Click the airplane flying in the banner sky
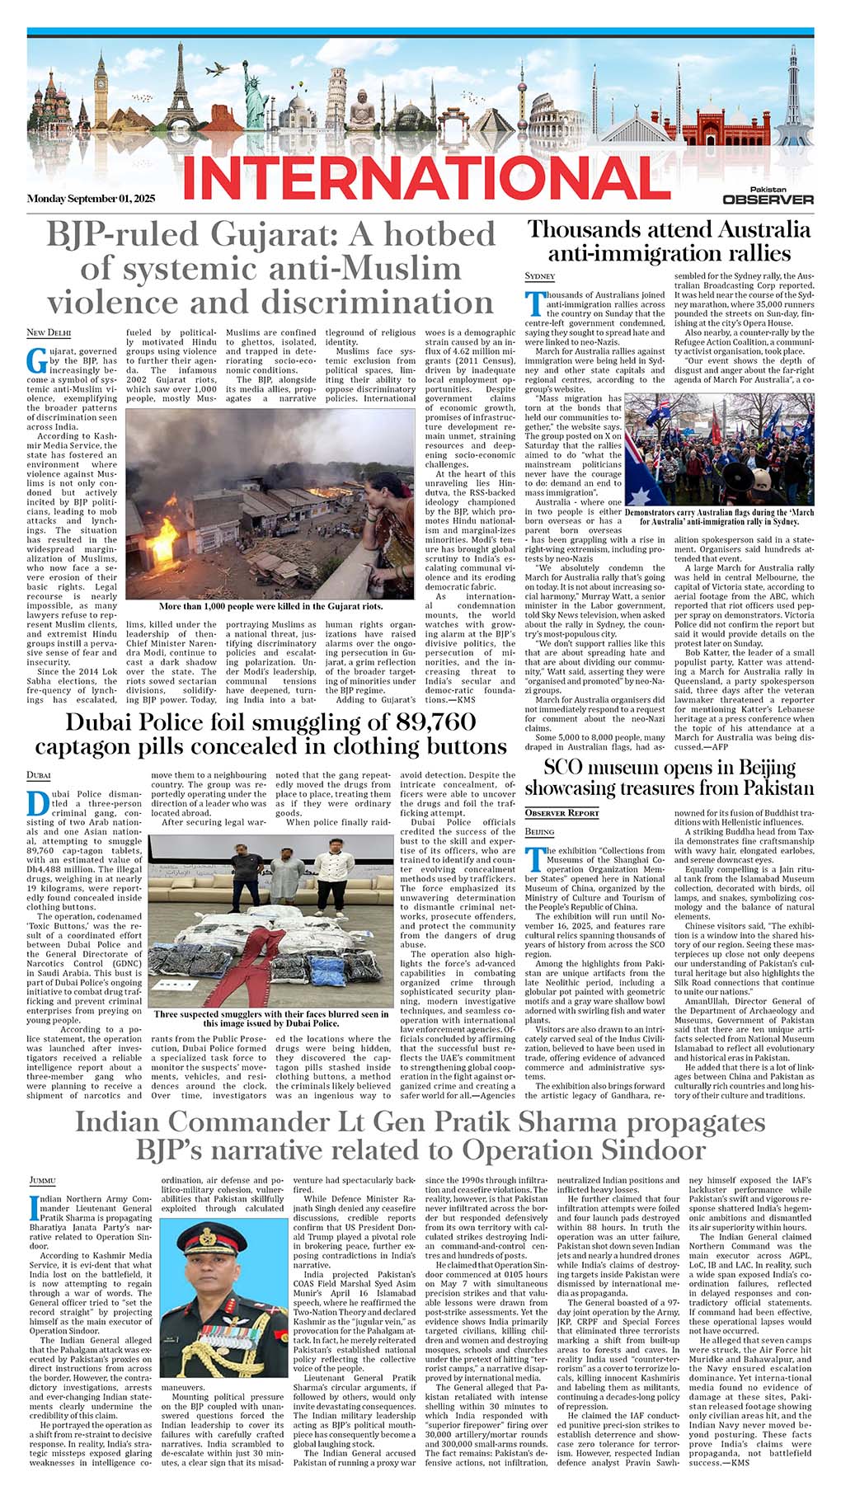pos(215,70)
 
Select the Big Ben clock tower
pos(102,99)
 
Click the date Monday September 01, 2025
pos(91,199)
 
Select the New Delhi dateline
pos(49,332)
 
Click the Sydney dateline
pos(540,275)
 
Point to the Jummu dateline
pos(43,1180)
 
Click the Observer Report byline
pos(562,813)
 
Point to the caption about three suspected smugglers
pos(270,1018)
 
